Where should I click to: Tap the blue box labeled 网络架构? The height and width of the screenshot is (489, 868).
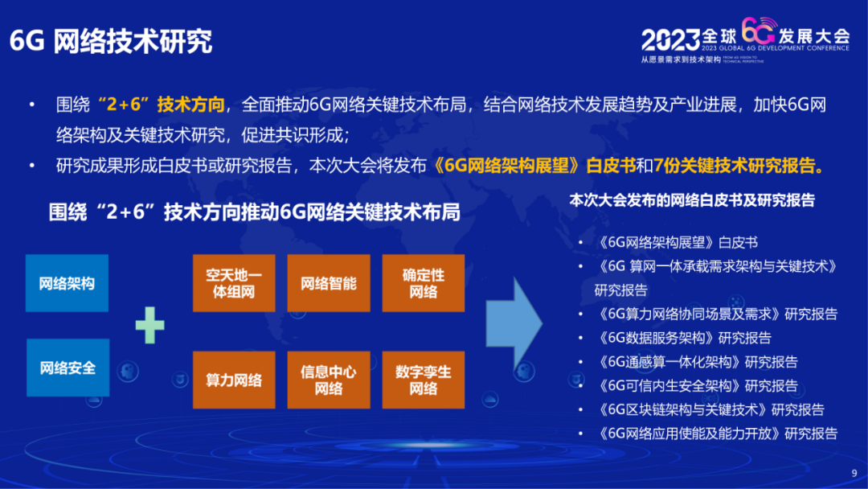(x=68, y=283)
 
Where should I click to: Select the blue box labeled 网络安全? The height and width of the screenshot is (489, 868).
(x=68, y=368)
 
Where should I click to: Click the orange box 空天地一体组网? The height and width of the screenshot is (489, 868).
(x=234, y=283)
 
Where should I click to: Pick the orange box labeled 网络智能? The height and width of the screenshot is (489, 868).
(x=329, y=283)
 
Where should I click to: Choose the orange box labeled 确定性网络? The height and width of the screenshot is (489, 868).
(x=424, y=283)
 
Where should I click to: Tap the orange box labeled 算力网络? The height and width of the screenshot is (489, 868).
(x=234, y=380)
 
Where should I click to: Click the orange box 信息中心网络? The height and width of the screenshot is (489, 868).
(x=329, y=380)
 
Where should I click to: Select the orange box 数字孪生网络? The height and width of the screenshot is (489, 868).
(x=424, y=380)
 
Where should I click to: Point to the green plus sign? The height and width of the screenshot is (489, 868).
(x=149, y=324)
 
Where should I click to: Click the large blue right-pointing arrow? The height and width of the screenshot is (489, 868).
(x=514, y=324)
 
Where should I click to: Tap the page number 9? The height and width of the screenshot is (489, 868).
(x=854, y=472)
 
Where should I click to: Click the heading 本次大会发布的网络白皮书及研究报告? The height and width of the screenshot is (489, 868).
(x=692, y=200)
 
